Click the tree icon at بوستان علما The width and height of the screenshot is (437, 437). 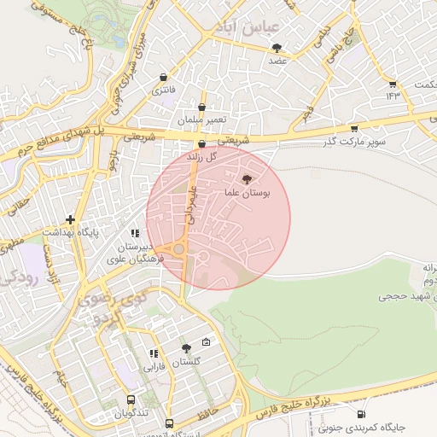click(248, 179)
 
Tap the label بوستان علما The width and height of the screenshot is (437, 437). click(248, 195)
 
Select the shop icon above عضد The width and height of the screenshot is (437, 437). click(275, 48)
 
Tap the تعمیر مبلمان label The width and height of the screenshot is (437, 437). click(201, 120)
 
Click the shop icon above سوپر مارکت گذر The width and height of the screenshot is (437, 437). click(353, 129)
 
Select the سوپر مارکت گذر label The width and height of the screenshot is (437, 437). click(352, 142)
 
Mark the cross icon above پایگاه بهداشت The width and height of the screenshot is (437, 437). click(70, 219)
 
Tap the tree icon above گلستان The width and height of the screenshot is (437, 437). click(186, 348)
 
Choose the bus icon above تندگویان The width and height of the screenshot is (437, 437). click(131, 399)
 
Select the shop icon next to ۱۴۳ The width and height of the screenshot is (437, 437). click(393, 84)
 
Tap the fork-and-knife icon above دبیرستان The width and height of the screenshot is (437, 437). click(134, 233)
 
